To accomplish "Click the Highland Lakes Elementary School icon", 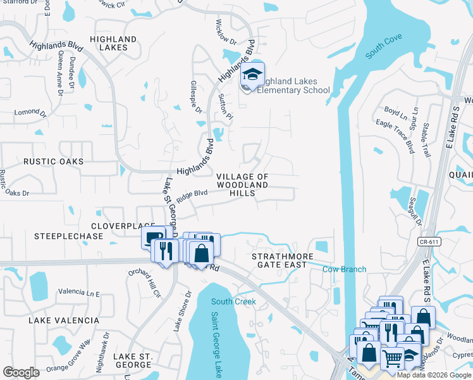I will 252,76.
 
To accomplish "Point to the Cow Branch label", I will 345,269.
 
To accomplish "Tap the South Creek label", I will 233,301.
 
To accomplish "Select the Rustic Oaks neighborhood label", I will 53,161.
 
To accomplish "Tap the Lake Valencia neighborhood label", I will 64,320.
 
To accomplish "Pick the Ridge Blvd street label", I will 192,195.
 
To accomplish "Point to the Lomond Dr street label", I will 31,113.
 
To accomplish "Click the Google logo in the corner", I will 21,372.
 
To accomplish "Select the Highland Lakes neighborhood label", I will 113,43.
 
